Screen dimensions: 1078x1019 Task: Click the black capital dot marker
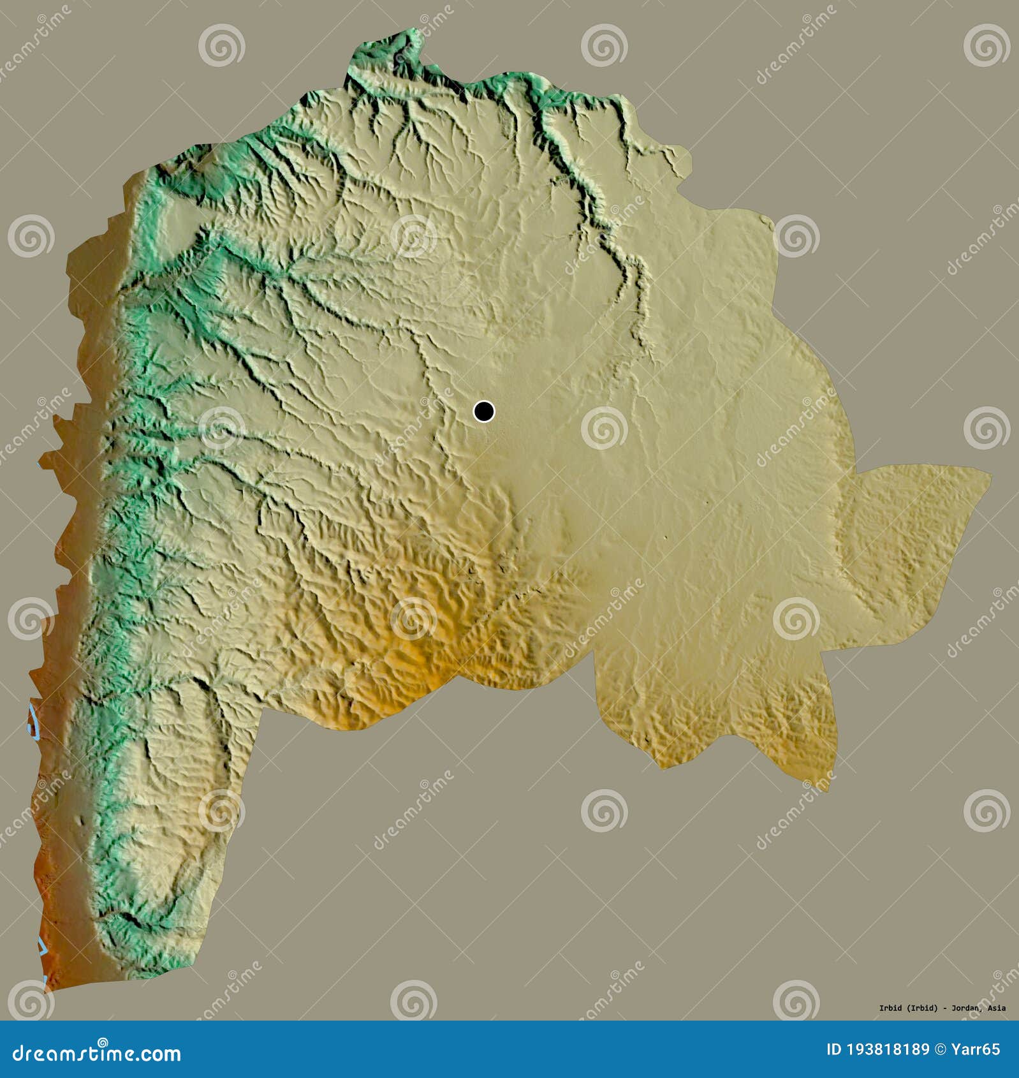click(x=484, y=411)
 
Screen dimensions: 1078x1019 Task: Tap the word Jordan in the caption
click(x=966, y=1008)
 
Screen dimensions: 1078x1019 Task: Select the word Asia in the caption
click(x=997, y=1008)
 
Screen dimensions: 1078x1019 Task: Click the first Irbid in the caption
click(x=890, y=1008)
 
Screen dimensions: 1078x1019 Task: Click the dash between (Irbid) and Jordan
click(x=946, y=1008)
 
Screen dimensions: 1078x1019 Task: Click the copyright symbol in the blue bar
click(x=939, y=1049)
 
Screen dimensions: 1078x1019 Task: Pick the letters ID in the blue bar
click(x=833, y=1049)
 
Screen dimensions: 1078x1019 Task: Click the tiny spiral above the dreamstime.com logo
click(x=103, y=1040)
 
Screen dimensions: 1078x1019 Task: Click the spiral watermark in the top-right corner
click(x=986, y=45)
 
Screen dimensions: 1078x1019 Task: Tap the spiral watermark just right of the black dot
click(x=604, y=427)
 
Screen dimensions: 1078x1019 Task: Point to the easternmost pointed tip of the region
click(x=990, y=473)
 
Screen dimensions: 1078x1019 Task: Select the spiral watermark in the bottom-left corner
click(x=30, y=1000)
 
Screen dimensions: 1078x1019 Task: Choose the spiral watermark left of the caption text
click(x=796, y=1000)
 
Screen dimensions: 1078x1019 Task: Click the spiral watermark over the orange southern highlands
click(x=413, y=618)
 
